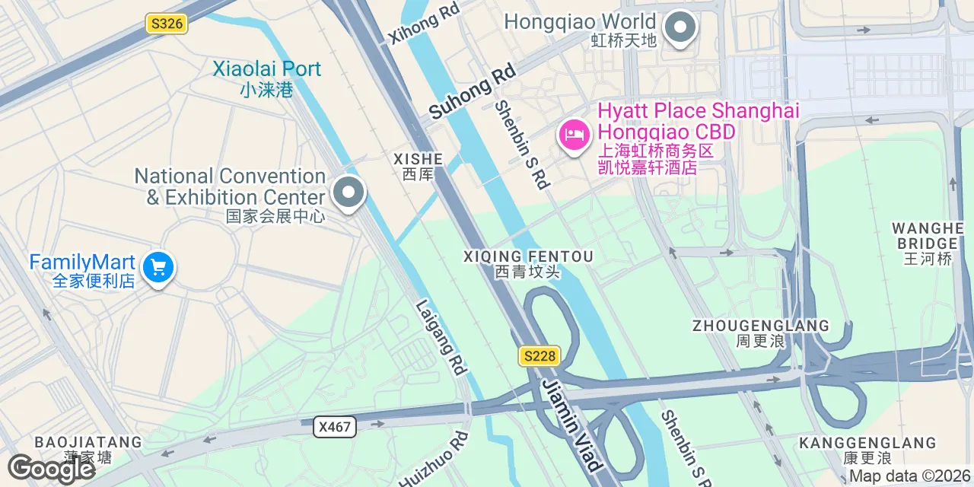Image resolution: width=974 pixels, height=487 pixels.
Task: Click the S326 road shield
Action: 167,24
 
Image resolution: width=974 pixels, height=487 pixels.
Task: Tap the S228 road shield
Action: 540,355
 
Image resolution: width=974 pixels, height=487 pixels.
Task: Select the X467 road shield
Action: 335,427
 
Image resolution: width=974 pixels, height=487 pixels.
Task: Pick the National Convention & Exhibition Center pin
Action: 349,193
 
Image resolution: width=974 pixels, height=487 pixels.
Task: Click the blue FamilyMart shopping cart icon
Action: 158,268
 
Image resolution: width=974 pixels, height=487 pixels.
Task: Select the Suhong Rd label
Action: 472,91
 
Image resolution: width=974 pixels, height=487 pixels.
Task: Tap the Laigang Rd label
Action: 441,337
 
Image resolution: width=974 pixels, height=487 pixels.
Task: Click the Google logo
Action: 52,469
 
